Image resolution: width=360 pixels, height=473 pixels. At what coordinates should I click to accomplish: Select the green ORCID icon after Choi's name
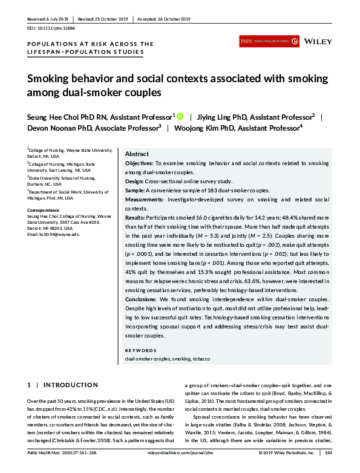[180, 116]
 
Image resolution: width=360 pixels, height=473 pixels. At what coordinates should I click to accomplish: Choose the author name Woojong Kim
[193, 128]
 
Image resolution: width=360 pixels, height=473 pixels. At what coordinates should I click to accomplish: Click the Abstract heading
[137, 154]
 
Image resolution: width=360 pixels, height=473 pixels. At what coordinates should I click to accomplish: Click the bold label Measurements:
[145, 199]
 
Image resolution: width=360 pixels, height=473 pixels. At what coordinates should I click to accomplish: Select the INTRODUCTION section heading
[67, 385]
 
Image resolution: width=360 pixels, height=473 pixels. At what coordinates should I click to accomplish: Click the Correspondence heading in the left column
[42, 210]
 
